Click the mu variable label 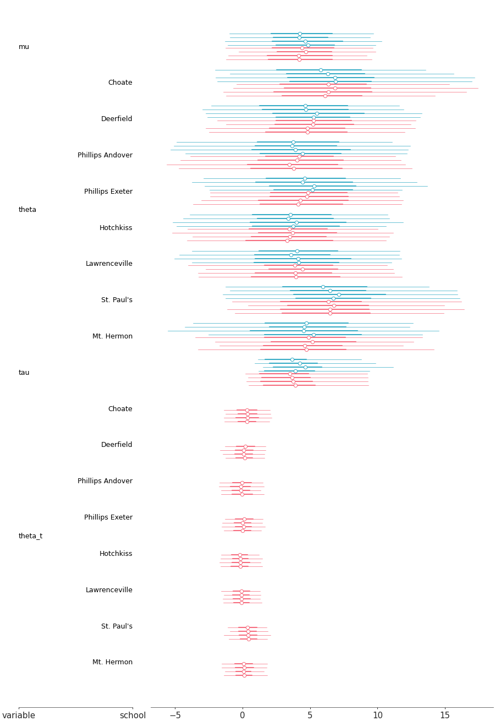click(x=24, y=47)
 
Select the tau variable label click(x=24, y=373)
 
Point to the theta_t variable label click(x=30, y=536)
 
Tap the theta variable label click(x=28, y=210)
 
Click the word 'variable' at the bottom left click(x=19, y=715)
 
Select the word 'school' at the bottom click(x=133, y=715)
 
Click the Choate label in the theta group click(x=120, y=83)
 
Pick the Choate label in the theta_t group click(x=120, y=409)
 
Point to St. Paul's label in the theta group click(x=117, y=300)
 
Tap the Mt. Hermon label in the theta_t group click(x=112, y=662)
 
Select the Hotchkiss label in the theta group click(x=116, y=228)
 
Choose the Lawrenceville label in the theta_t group click(x=109, y=590)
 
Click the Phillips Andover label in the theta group click(x=105, y=155)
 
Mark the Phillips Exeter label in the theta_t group click(x=108, y=517)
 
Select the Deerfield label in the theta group click(x=117, y=119)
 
